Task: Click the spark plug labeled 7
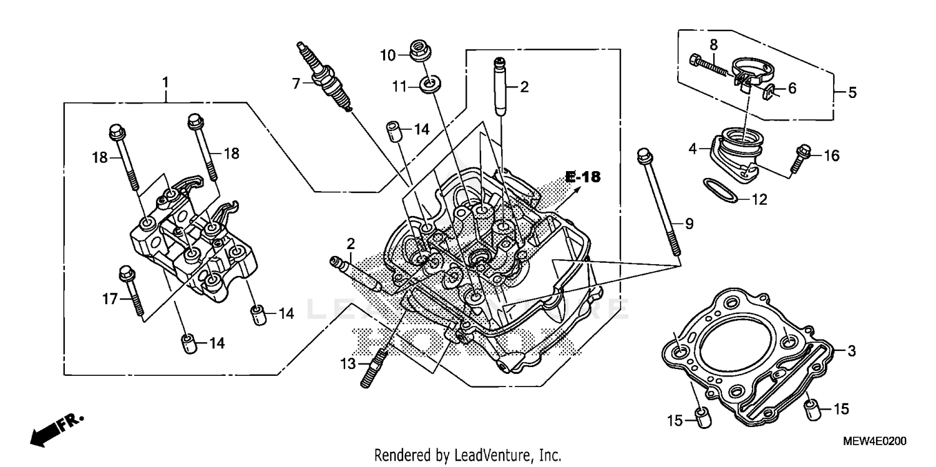[324, 78]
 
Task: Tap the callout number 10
[388, 56]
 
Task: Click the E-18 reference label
[583, 177]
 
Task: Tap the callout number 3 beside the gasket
[851, 351]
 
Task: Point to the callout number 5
[852, 93]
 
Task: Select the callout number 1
[165, 82]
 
